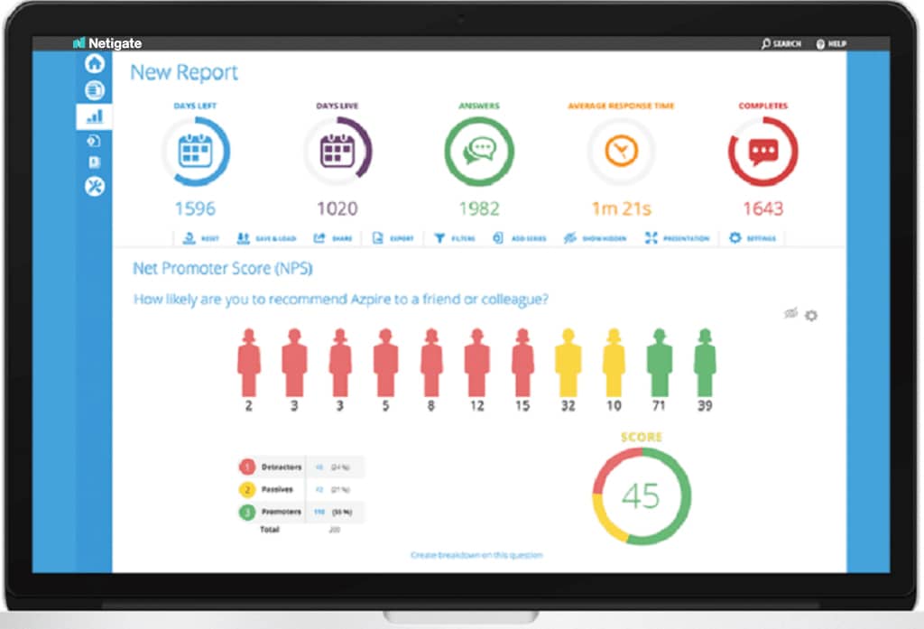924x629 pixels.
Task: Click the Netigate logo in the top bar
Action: (107, 42)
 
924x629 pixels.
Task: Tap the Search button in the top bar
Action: (781, 43)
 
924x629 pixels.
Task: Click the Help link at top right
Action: (831, 43)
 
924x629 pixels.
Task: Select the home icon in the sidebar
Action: (95, 64)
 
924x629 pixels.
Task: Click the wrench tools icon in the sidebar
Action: (95, 186)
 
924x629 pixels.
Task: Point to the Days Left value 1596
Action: (195, 208)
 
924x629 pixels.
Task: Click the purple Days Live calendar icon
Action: (337, 152)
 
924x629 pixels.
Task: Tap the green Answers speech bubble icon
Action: (479, 152)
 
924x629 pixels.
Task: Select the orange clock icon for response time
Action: (621, 152)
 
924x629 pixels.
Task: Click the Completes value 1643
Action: (762, 208)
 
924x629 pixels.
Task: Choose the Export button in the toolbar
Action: (393, 238)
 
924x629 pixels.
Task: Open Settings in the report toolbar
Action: (753, 238)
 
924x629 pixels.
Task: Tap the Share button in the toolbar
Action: (333, 238)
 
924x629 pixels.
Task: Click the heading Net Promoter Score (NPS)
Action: (223, 269)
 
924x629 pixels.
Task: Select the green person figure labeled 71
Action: (659, 363)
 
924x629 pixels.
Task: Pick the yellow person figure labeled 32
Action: (568, 363)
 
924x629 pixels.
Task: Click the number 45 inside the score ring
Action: (641, 495)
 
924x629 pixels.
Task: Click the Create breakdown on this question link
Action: (476, 555)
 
